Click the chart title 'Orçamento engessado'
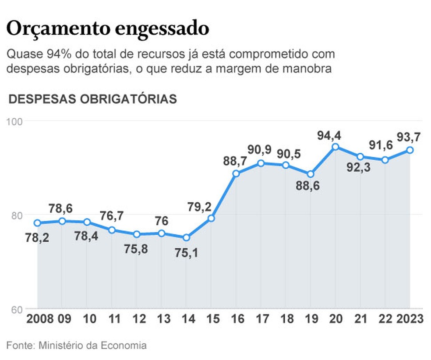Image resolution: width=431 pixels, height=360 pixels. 107,29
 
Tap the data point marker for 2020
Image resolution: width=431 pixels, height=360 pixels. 335,147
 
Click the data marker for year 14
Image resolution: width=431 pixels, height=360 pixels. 186,237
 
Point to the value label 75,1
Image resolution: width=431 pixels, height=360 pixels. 187,252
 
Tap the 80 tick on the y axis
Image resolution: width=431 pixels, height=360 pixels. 16,215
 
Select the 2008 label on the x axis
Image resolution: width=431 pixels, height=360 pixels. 40,319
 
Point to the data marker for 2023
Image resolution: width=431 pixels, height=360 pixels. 410,150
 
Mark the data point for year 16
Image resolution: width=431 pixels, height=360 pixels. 236,173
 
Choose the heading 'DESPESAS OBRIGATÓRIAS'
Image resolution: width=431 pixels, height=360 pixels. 93,99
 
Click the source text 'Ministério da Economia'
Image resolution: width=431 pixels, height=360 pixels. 92,346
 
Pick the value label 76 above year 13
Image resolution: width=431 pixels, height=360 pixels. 162,221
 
